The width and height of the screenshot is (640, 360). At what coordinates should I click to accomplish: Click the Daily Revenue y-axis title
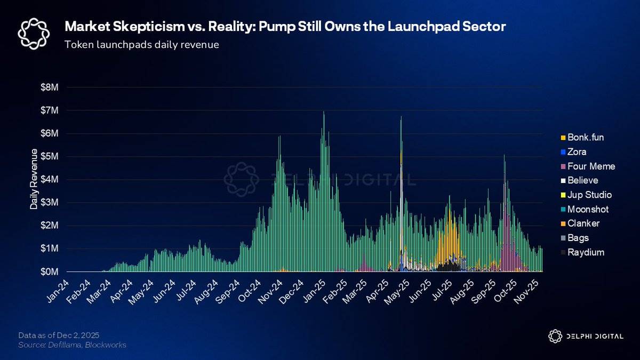click(34, 179)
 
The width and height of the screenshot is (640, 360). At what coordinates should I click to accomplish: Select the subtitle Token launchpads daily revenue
click(141, 45)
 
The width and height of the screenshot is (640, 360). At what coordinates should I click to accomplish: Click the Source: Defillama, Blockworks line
click(73, 345)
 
